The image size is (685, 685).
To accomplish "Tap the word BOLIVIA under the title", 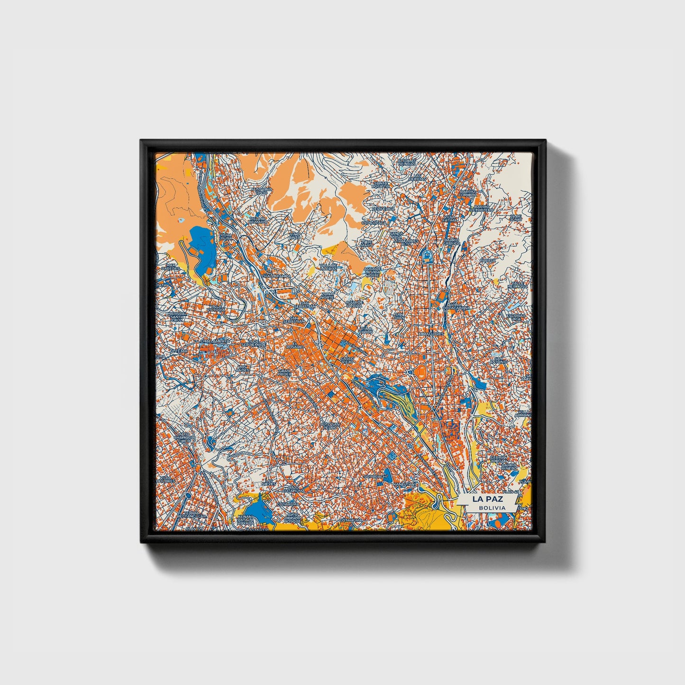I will click(x=492, y=508).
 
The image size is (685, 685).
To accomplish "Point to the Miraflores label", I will click(x=431, y=334).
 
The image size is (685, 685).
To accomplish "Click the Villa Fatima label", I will click(x=450, y=219).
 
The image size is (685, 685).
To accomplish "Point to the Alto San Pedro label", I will click(x=330, y=425).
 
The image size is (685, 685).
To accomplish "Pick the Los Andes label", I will click(x=243, y=368).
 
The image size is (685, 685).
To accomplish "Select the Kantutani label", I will click(x=407, y=484).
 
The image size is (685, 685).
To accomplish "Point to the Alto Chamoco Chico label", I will click(x=183, y=437).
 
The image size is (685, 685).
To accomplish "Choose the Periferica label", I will click(x=384, y=209).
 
